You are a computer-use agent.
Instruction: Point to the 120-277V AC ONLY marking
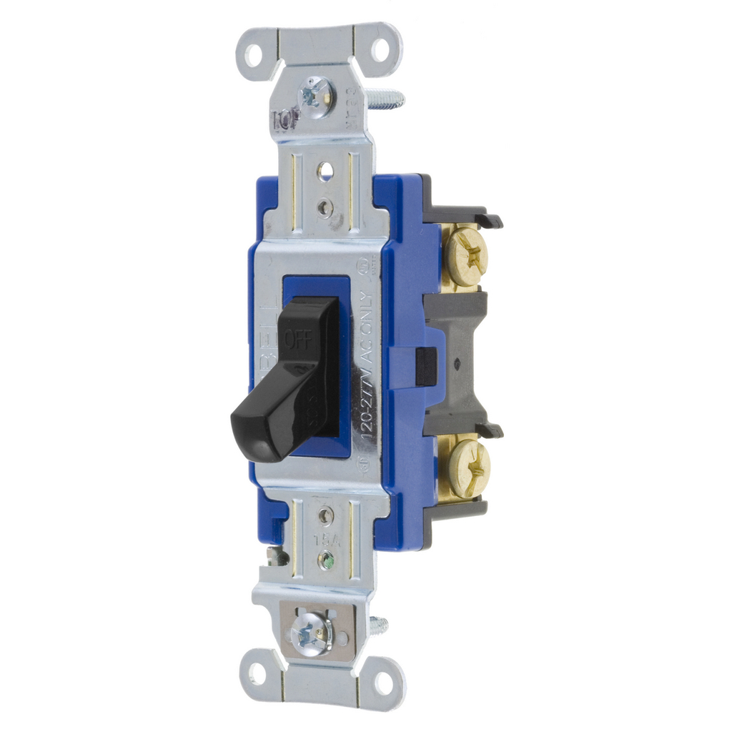point(365,365)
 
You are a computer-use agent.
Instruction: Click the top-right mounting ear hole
point(380,50)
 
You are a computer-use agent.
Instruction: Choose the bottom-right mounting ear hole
point(384,683)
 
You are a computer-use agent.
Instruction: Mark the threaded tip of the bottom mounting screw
point(378,626)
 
